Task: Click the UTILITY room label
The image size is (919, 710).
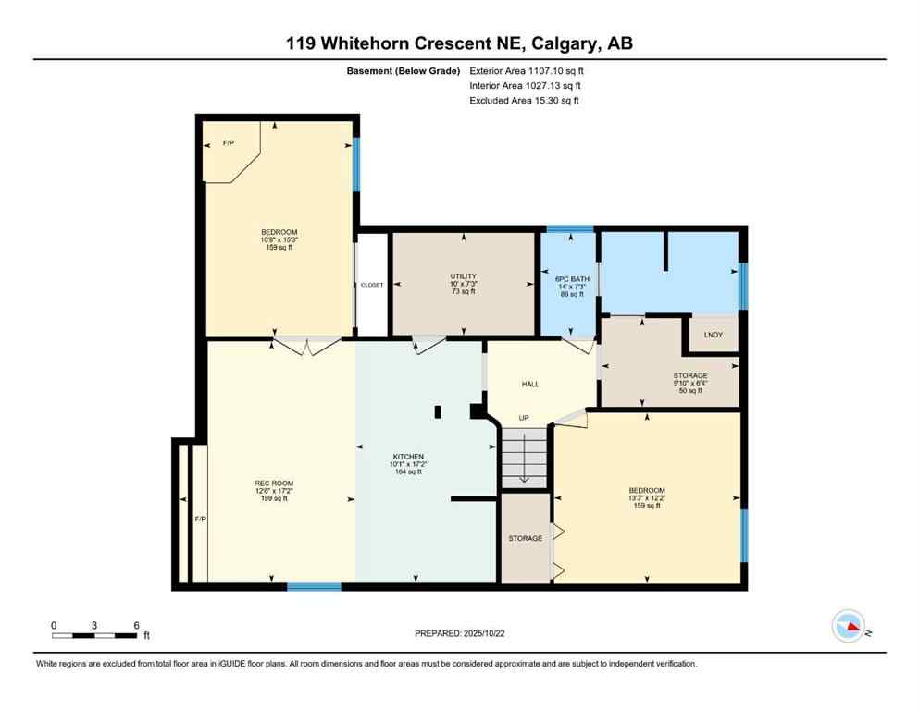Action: (x=463, y=275)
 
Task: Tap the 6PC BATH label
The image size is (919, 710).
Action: (x=567, y=278)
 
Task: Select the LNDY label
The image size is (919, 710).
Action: (x=714, y=335)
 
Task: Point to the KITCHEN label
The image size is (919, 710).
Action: (x=408, y=457)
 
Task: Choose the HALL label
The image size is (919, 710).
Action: (x=530, y=384)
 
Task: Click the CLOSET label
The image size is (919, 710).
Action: (x=371, y=285)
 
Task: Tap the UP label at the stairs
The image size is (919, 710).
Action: (x=523, y=418)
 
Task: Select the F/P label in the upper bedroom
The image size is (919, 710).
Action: (x=228, y=143)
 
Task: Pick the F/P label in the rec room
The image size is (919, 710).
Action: (x=199, y=519)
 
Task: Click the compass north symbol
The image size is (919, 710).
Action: (x=848, y=627)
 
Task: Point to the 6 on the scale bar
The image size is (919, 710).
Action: (x=136, y=625)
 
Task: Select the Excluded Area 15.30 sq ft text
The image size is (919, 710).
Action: (x=525, y=100)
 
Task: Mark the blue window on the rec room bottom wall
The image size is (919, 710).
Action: (x=313, y=586)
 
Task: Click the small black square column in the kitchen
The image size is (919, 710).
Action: (x=439, y=411)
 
